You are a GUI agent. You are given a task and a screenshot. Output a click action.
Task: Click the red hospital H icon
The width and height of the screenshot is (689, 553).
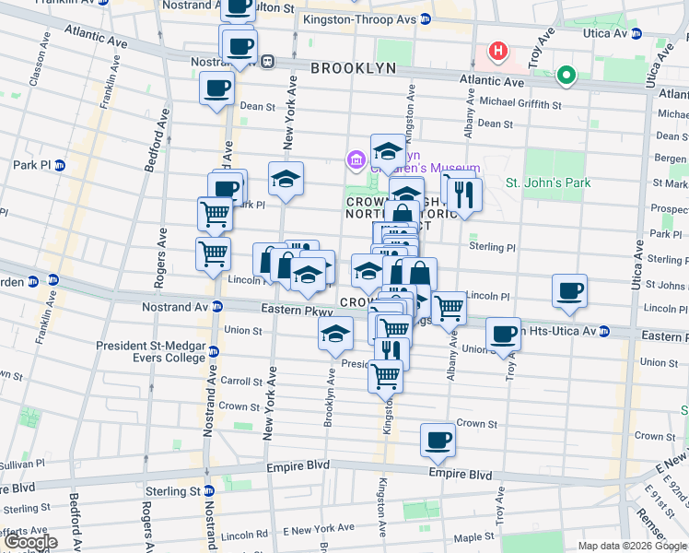point(498,51)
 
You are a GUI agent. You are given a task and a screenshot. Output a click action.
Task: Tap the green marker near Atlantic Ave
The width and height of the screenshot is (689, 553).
point(566,75)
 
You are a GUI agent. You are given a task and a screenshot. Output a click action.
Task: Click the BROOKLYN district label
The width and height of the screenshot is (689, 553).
point(353,68)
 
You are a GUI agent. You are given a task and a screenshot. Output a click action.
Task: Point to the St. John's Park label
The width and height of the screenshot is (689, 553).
point(548,182)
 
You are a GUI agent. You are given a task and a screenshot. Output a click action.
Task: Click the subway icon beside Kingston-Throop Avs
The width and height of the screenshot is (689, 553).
point(425,19)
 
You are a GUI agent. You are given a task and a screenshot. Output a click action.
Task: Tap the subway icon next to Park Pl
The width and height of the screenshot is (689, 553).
point(59,165)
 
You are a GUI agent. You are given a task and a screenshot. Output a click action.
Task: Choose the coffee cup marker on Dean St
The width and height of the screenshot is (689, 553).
point(216,88)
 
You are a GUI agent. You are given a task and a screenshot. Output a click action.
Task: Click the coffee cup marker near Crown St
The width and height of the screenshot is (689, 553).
point(438,440)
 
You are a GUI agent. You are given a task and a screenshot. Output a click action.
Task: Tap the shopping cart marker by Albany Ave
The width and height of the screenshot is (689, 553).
point(449,308)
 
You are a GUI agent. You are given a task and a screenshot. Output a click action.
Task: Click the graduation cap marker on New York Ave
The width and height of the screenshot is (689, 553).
point(286,178)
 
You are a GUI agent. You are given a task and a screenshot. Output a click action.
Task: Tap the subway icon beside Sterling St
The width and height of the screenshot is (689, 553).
point(209,492)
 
